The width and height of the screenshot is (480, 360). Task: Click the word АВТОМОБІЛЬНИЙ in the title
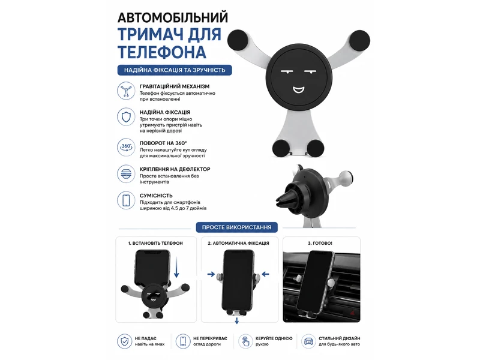click(x=173, y=17)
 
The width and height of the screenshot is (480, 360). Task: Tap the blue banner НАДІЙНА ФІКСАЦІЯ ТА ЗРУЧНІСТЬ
click(x=175, y=70)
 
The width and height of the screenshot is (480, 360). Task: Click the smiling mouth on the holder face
click(x=299, y=89)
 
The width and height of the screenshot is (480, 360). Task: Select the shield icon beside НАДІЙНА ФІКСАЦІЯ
click(x=126, y=117)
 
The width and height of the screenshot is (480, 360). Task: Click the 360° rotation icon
click(x=126, y=148)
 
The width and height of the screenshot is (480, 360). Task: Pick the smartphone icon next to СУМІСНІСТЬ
click(x=126, y=200)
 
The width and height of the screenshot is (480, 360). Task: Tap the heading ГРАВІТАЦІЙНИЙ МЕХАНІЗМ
click(x=175, y=86)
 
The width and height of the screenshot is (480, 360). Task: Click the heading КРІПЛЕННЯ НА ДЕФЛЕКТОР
click(x=175, y=169)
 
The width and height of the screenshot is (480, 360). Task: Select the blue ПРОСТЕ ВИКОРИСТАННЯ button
click(x=236, y=227)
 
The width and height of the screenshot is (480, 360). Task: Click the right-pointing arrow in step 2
click(x=211, y=274)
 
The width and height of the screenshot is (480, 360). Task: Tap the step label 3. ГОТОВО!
click(x=320, y=244)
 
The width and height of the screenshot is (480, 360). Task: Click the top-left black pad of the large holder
click(x=238, y=40)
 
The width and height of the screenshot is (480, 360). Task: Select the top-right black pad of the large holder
click(x=359, y=40)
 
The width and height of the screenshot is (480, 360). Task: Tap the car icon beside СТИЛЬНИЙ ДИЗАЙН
click(x=308, y=341)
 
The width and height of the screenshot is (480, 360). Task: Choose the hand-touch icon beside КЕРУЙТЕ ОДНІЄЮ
click(x=245, y=341)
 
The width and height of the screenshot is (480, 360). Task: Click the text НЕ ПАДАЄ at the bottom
click(x=145, y=338)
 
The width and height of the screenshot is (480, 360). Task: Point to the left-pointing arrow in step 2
click(x=265, y=274)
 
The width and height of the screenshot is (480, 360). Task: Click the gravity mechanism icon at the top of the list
click(x=126, y=91)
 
